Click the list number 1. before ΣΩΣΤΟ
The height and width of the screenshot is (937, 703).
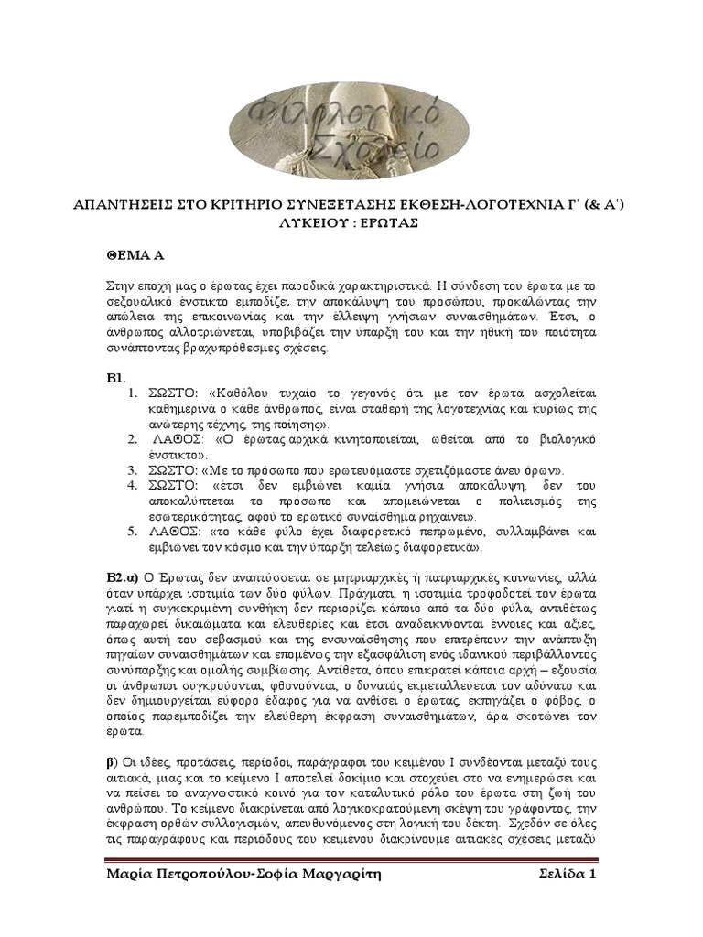coord(132,393)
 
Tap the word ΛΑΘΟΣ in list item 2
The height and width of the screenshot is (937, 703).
coord(177,438)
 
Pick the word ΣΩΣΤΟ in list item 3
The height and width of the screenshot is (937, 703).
coord(172,469)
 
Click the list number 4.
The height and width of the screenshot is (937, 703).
coord(132,485)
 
